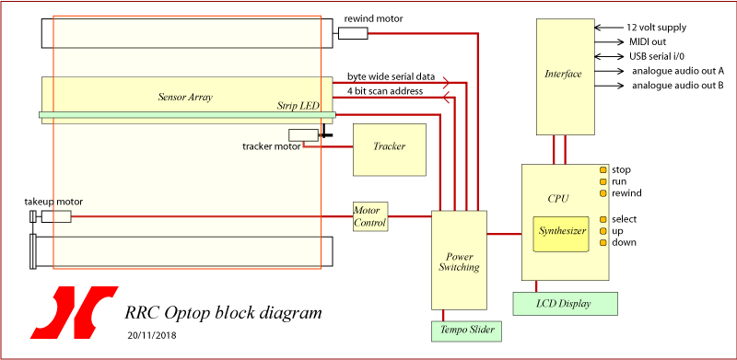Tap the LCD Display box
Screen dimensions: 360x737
coord(564,302)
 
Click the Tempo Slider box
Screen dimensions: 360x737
coord(464,330)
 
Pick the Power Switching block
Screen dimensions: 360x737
coord(458,261)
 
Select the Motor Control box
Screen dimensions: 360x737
coord(371,217)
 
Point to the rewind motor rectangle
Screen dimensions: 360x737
coord(353,34)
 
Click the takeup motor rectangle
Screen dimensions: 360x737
coord(55,216)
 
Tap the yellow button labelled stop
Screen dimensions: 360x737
coord(602,170)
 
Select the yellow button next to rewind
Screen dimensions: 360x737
coord(602,193)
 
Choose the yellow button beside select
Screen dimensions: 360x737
coord(602,219)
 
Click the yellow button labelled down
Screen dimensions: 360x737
coord(602,242)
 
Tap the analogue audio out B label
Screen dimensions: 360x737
coord(677,86)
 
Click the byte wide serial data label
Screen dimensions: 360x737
coord(391,76)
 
